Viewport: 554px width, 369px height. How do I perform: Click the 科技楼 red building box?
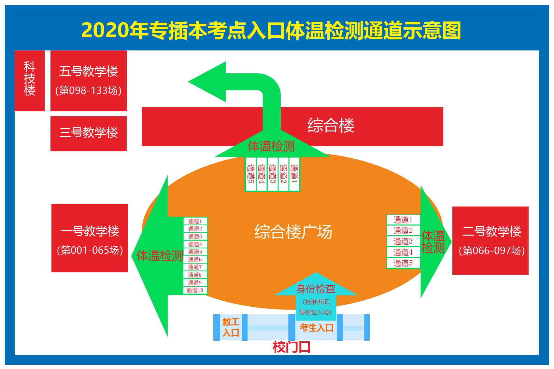(x=29, y=81)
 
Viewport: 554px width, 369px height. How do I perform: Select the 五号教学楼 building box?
(x=89, y=81)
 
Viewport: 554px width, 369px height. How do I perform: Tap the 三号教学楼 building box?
(x=89, y=133)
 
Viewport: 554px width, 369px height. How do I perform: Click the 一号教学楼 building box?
(x=90, y=238)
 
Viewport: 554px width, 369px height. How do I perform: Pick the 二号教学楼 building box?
(x=490, y=240)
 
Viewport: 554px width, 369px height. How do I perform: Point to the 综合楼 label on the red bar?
(x=331, y=126)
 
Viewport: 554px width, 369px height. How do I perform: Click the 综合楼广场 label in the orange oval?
(x=293, y=232)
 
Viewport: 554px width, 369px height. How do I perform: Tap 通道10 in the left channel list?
(x=195, y=290)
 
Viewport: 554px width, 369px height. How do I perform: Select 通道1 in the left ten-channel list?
(x=195, y=221)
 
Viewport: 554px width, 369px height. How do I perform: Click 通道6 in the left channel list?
(x=195, y=260)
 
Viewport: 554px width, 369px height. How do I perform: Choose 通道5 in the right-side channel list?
(x=403, y=263)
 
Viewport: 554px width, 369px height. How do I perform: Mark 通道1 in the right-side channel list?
(x=403, y=220)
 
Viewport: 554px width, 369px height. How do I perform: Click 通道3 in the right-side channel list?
(x=403, y=241)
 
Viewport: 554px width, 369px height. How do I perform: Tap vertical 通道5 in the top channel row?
(x=250, y=174)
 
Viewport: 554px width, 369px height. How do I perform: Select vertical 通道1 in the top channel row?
(x=294, y=174)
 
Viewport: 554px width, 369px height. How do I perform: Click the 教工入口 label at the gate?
(x=231, y=327)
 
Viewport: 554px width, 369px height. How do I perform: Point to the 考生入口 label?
(x=316, y=328)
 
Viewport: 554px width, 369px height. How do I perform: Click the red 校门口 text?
(x=291, y=347)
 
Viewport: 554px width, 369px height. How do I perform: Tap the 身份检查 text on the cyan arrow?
(x=316, y=289)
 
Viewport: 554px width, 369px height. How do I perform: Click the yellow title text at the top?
(x=271, y=31)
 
